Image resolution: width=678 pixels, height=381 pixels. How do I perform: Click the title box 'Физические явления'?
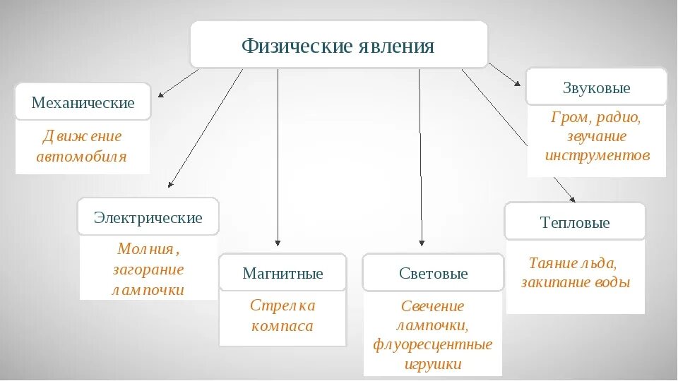click(338, 46)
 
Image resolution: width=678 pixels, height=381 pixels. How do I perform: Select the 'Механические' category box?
click(83, 103)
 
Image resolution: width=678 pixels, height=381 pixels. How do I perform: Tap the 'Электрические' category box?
click(148, 217)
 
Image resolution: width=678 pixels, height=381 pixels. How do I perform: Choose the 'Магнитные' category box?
click(282, 273)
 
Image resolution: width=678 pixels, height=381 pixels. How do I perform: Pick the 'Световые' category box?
click(433, 273)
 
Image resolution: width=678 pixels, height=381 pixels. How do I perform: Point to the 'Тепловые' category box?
click(574, 222)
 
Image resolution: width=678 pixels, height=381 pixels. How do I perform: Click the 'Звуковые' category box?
click(596, 88)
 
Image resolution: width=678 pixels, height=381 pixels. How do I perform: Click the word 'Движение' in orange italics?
click(82, 136)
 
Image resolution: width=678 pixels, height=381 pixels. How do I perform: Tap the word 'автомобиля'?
click(82, 157)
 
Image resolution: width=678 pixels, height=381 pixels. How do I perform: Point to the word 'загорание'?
click(148, 269)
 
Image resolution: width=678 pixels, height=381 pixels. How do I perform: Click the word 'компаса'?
click(282, 327)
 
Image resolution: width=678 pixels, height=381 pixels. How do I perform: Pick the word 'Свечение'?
click(433, 306)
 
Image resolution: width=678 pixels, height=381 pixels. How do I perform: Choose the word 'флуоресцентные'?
click(433, 345)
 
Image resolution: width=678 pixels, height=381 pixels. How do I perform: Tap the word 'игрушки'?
click(433, 365)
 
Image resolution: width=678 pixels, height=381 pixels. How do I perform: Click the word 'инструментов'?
click(597, 155)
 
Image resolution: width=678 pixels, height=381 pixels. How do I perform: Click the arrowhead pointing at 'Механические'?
click(161, 95)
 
